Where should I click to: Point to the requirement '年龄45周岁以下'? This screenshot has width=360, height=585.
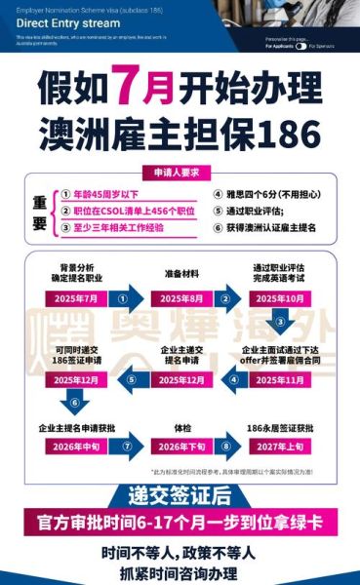(x=107, y=195)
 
